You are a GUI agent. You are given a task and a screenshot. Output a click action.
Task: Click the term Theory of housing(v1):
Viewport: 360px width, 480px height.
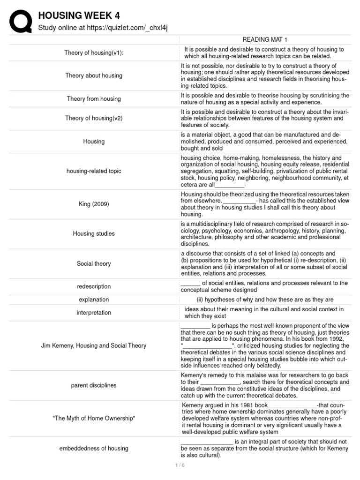[94, 52]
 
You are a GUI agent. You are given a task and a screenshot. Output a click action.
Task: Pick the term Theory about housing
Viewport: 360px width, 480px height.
[94, 75]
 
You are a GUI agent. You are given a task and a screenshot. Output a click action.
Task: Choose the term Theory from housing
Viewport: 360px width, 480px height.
[94, 99]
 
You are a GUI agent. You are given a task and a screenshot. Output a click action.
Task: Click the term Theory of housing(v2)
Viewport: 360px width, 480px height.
[94, 119]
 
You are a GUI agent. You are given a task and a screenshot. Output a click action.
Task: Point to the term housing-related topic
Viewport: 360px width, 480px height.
[94, 171]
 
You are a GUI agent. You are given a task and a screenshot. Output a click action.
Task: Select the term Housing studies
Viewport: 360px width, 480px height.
[94, 233]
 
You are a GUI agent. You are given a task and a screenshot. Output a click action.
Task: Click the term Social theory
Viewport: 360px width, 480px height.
[94, 263]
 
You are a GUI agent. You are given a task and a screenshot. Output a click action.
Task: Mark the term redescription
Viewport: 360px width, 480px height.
[94, 286]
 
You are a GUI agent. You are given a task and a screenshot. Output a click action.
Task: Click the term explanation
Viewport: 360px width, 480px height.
[94, 300]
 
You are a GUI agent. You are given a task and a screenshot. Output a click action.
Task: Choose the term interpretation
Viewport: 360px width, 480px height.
[94, 313]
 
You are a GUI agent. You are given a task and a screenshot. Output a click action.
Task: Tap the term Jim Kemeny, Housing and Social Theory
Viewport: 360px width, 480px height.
[94, 345]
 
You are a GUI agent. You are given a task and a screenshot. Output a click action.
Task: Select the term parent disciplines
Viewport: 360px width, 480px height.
[94, 385]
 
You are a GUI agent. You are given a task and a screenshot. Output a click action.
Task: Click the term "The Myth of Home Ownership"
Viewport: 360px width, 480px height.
[94, 418]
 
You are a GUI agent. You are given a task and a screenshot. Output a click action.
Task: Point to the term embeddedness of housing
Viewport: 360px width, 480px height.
[94, 448]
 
